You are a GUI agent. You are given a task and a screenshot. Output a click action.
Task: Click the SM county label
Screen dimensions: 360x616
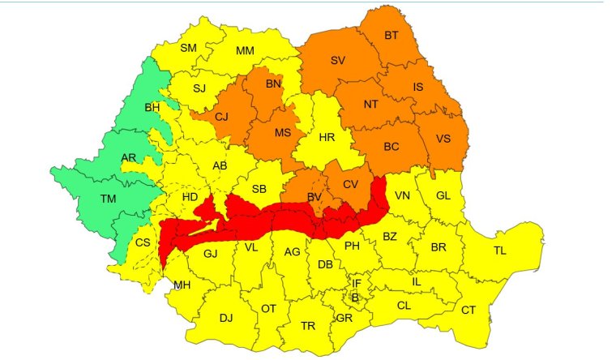(188, 48)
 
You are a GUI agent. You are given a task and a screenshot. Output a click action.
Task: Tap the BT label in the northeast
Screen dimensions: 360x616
(391, 36)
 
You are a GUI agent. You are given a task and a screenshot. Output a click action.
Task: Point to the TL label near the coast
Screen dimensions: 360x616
(499, 251)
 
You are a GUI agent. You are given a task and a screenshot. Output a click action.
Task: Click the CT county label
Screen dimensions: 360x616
(468, 310)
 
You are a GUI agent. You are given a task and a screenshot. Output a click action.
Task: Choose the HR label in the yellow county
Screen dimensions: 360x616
(327, 137)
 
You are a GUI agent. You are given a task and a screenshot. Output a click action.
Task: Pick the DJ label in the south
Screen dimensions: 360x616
(226, 318)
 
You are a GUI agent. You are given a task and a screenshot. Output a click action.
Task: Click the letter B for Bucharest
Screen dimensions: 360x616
(354, 298)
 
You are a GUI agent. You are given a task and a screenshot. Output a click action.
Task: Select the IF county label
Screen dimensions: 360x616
(356, 283)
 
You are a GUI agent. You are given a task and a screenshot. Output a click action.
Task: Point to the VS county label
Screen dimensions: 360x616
(443, 138)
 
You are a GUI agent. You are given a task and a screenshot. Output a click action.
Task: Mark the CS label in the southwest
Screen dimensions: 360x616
(143, 242)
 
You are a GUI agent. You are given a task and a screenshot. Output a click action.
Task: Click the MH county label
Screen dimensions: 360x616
(182, 285)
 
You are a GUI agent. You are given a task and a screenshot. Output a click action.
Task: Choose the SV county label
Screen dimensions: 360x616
(337, 61)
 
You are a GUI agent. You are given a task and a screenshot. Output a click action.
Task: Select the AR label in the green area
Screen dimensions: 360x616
(128, 156)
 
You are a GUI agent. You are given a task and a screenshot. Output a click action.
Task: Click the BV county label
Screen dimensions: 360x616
(314, 197)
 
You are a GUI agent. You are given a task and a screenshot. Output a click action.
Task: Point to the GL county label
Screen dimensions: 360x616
(443, 195)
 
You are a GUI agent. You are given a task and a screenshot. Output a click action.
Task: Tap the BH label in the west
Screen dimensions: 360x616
(152, 107)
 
